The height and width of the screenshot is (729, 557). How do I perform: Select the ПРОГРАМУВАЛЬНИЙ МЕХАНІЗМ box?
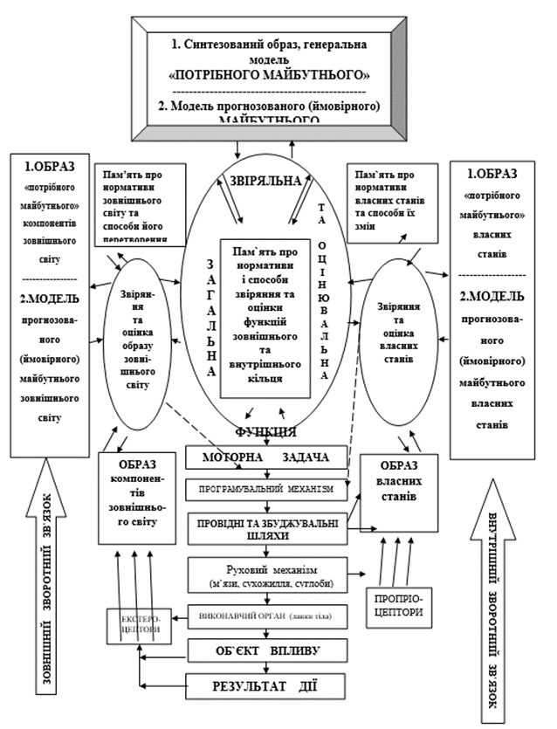coord(267,490)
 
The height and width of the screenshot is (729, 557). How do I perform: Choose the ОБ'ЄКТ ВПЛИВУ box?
coord(267,650)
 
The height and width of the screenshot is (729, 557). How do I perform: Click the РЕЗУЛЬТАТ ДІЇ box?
coord(267,683)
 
